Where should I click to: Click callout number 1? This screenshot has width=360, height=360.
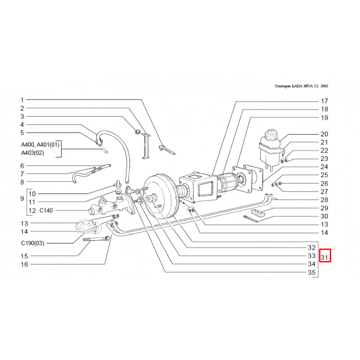click(x=22, y=99)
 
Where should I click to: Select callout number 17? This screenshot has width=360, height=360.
click(x=324, y=101)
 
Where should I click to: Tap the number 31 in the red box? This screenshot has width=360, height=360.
click(x=324, y=257)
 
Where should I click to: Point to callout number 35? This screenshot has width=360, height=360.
click(x=311, y=272)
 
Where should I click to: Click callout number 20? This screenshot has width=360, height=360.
click(x=324, y=134)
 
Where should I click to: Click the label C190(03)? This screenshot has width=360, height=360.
click(x=33, y=243)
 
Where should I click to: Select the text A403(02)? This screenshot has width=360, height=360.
click(x=33, y=153)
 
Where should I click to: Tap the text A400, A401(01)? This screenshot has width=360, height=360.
click(x=40, y=145)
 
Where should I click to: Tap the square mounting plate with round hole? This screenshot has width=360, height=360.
click(x=249, y=179)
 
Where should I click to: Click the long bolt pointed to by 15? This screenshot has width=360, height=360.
click(x=96, y=239)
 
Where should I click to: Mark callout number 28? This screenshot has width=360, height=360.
click(x=324, y=200)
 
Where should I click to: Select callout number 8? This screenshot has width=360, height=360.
click(x=22, y=182)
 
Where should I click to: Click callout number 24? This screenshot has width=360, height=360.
click(x=324, y=167)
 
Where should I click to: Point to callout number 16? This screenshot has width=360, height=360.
click(x=24, y=264)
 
